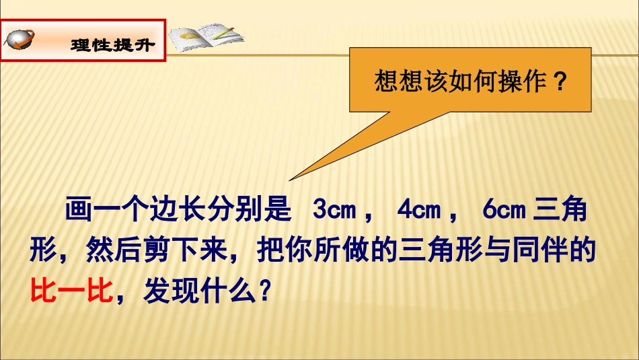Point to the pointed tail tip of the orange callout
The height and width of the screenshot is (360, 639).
(290, 180)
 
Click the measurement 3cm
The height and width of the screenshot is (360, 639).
(334, 210)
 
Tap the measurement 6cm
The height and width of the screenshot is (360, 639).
(503, 210)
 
